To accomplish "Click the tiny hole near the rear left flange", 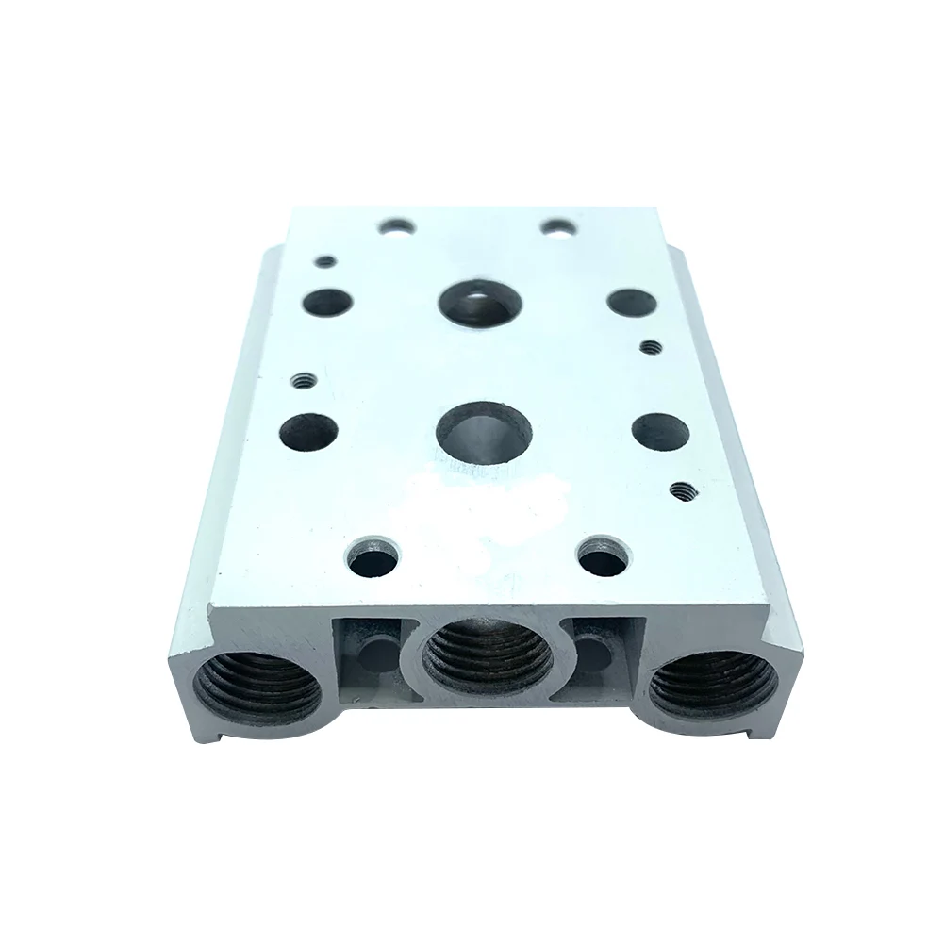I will (326, 260).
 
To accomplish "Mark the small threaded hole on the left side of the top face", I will (303, 381).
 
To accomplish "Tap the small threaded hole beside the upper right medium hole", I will (647, 347).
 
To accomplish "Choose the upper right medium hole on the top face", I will (630, 302).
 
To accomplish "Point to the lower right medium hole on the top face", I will (658, 430).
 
